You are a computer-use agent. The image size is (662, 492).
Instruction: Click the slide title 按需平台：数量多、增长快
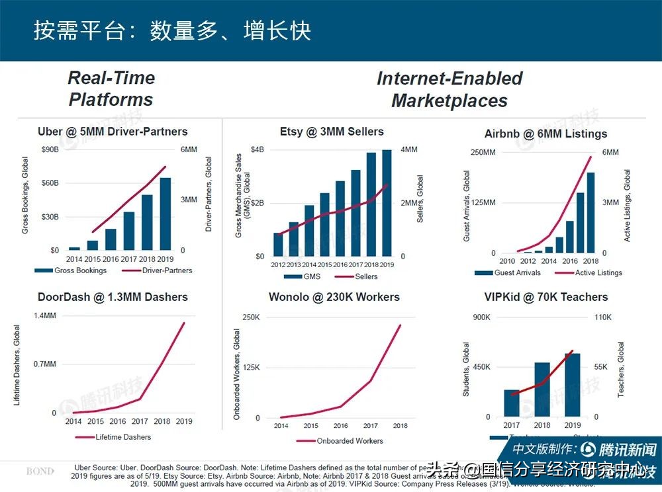[x=172, y=30]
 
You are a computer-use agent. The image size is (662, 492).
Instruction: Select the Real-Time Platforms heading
[x=111, y=89]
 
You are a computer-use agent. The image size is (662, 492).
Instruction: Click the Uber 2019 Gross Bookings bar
[x=165, y=214]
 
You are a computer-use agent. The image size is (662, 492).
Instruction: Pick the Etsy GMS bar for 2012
[x=278, y=244]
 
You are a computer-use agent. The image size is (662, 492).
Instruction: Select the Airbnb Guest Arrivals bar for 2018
[x=590, y=212]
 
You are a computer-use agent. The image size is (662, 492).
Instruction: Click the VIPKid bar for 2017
[x=512, y=403]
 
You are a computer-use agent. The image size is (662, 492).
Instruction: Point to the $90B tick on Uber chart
[x=50, y=150]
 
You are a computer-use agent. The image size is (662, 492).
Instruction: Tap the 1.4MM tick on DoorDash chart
[x=45, y=315]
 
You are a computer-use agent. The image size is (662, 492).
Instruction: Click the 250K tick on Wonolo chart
[x=251, y=317]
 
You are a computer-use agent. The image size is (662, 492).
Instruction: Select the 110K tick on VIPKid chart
[x=603, y=317]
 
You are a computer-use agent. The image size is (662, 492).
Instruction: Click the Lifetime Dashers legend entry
[x=123, y=437]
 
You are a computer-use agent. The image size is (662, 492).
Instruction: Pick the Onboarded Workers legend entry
[x=348, y=441]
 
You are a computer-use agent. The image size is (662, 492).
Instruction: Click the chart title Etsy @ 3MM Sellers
[x=331, y=132]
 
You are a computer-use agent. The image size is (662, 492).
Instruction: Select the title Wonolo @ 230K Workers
[x=334, y=297]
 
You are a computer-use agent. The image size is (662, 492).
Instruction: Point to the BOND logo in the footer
[x=40, y=471]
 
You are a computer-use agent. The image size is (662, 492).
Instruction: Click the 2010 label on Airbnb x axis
[x=507, y=261]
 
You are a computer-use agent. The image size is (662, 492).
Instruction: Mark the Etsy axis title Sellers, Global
[x=420, y=198]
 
